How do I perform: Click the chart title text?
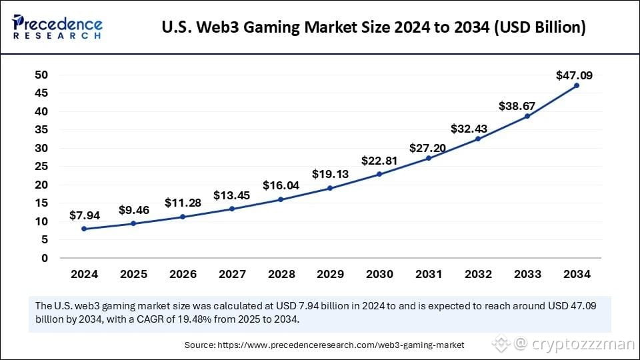pos(374,28)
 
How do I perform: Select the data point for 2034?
pos(576,85)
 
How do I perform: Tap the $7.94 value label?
pos(85,216)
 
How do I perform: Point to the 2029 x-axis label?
pos(331,274)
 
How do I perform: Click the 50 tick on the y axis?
pos(41,75)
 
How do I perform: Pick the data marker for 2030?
pos(379,174)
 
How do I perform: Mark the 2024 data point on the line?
pos(85,229)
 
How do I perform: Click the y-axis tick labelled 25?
pos(41,166)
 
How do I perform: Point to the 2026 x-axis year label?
pos(183,274)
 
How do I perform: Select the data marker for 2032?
pos(478,139)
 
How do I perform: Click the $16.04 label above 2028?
pos(281,185)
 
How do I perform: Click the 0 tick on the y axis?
pos(45,258)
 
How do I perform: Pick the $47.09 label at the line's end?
pos(574,75)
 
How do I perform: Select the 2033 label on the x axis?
pos(527,274)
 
